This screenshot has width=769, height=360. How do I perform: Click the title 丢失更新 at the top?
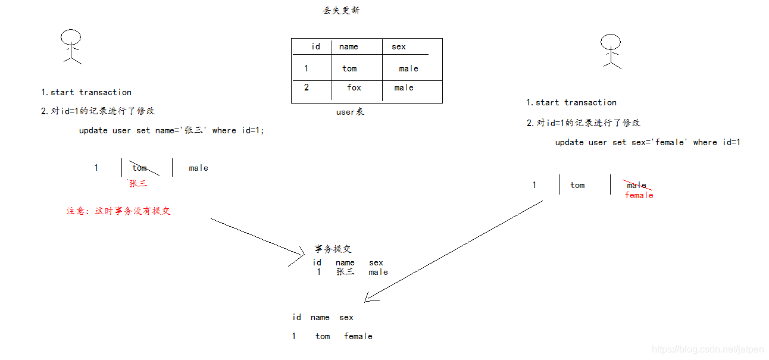pyautogui.click(x=341, y=11)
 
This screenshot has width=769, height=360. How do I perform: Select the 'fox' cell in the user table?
pyautogui.click(x=354, y=87)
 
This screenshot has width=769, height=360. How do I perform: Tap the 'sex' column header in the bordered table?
pyautogui.click(x=399, y=47)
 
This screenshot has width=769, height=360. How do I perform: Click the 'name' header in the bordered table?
pyautogui.click(x=349, y=47)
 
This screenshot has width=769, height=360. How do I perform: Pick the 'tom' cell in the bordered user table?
pyautogui.click(x=349, y=68)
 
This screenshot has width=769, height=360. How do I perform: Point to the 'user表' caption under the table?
pyautogui.click(x=350, y=112)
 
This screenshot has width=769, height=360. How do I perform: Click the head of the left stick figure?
pyautogui.click(x=71, y=37)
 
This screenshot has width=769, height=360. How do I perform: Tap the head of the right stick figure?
pyautogui.click(x=610, y=42)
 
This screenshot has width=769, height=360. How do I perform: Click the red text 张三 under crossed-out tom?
pyautogui.click(x=138, y=184)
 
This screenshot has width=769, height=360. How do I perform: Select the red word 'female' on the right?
pyautogui.click(x=639, y=195)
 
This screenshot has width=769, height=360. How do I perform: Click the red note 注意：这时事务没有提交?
pyautogui.click(x=118, y=211)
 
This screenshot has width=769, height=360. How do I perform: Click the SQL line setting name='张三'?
pyautogui.click(x=171, y=130)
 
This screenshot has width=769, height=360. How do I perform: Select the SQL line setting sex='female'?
pyautogui.click(x=648, y=142)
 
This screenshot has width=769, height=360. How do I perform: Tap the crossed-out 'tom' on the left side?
pyautogui.click(x=140, y=168)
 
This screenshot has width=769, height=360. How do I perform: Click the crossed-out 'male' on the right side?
pyautogui.click(x=637, y=185)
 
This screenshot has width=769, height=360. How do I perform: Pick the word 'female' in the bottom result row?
pyautogui.click(x=358, y=336)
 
